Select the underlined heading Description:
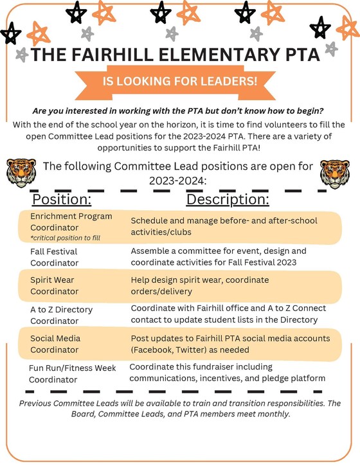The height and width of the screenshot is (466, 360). [228, 201]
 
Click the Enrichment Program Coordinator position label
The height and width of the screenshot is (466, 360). [71, 221]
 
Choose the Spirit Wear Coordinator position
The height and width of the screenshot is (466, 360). [55, 286]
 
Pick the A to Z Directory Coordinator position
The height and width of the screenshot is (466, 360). [61, 315]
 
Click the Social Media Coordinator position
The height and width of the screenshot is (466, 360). [57, 344]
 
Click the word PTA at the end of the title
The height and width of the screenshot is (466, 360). [296, 55]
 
